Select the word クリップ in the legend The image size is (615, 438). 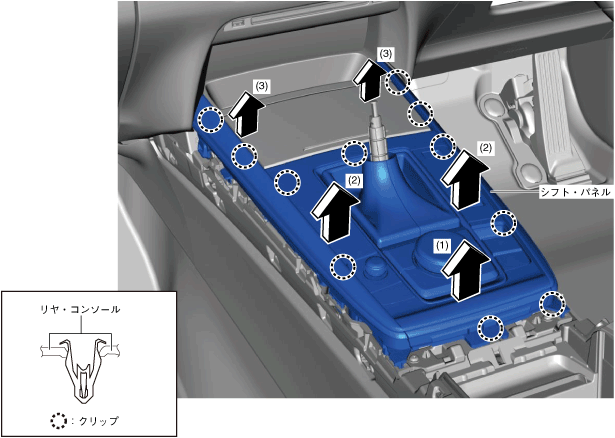click(x=97, y=421)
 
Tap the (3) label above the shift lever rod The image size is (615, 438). click(x=386, y=51)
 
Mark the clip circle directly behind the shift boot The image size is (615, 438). click(x=354, y=153)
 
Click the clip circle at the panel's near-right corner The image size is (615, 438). click(x=551, y=303)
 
